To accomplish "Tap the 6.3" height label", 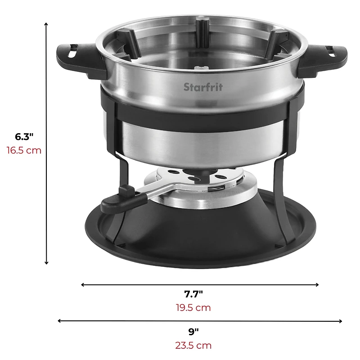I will click(25, 137).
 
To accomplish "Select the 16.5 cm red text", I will click(24, 150).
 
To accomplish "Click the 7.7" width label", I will click(193, 294).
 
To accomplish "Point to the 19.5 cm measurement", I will click(193, 308).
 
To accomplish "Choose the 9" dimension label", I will click(193, 332).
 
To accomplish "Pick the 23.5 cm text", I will click(193, 346).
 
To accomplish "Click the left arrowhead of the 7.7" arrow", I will click(83, 284).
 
